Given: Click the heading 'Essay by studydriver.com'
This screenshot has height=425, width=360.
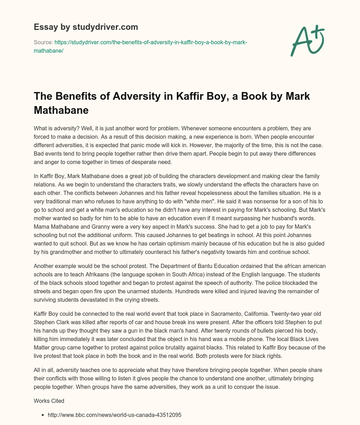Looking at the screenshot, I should [86, 27].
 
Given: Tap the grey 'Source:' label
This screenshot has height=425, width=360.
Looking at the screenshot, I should [43, 42].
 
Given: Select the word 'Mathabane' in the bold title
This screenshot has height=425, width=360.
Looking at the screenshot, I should [61, 110].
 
